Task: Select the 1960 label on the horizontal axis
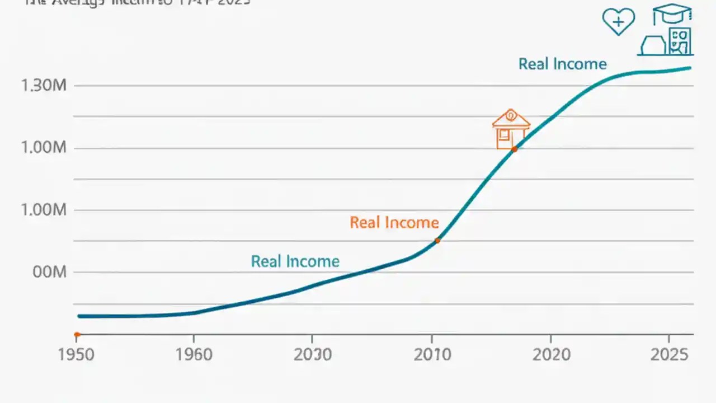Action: coord(194,354)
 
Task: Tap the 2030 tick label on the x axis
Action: coord(313,354)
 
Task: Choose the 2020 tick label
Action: coord(552,354)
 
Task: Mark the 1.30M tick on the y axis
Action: coord(44,86)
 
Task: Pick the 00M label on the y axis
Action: coord(50,273)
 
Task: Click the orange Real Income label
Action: coord(394,223)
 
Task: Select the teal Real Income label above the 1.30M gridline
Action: coord(562,64)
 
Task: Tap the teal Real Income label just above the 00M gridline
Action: coord(295,261)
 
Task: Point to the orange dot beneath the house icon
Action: coord(514,149)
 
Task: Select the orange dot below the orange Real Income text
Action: coord(437,241)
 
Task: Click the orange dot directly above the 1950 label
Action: coord(77,335)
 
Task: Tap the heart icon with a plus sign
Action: coord(619,22)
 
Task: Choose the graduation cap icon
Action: coord(672,14)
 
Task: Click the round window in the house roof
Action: coord(511,115)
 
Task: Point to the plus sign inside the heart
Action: coord(619,22)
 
